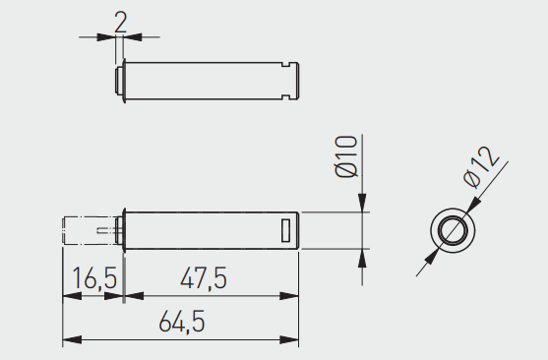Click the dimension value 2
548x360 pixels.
pos(121,23)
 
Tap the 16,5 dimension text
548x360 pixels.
pos(94,278)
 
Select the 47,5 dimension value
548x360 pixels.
pos(204,278)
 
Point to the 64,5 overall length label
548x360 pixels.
pos(182,322)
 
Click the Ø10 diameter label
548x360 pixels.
pos(346,156)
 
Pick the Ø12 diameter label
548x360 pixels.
pos(481,167)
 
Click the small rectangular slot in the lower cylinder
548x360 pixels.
pos(286,230)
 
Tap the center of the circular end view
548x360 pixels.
pos(453,230)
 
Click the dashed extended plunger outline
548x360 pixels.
pos(90,230)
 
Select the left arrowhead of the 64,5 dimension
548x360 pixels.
pos(72,339)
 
